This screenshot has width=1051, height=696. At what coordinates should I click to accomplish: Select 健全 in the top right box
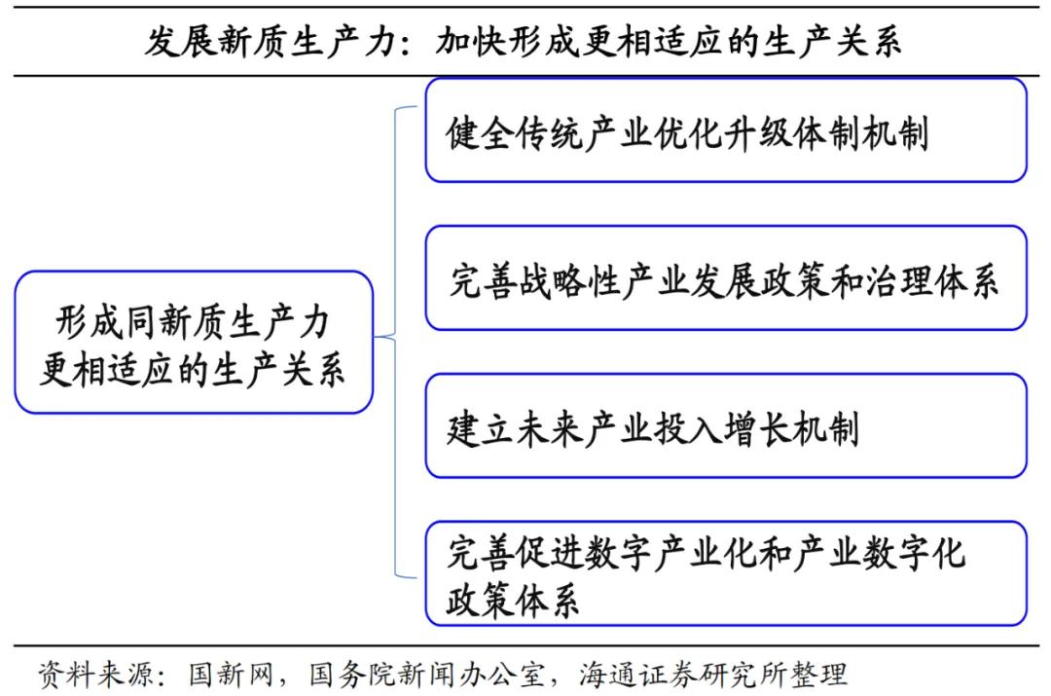pos(480,132)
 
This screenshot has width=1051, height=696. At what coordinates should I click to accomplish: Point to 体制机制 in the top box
pos(859,132)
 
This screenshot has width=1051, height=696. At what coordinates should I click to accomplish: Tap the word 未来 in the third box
pos(550,428)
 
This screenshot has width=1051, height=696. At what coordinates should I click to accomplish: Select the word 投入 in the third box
pos(688,428)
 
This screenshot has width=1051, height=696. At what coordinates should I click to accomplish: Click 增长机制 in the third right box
pos(791,428)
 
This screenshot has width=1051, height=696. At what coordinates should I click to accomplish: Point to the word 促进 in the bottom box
pos(550,554)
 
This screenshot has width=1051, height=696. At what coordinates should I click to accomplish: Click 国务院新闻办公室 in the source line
pos(427,674)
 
